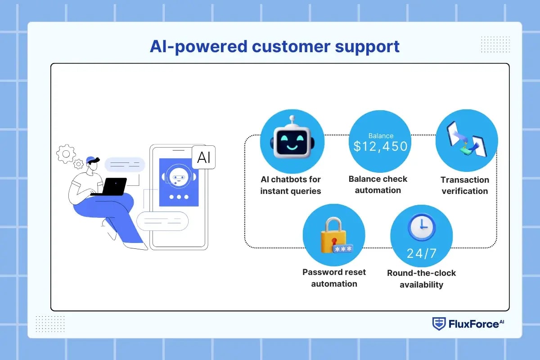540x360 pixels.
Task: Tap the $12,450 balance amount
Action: (x=380, y=146)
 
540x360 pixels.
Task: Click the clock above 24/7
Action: (x=421, y=228)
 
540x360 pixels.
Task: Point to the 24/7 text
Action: (x=421, y=253)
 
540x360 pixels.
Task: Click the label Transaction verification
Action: (x=464, y=185)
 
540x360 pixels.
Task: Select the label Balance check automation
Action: (x=378, y=184)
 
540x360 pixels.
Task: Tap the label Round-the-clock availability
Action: (x=421, y=279)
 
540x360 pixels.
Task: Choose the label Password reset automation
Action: (x=334, y=278)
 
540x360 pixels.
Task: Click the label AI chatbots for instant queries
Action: (x=291, y=185)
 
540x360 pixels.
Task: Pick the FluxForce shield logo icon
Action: (x=439, y=324)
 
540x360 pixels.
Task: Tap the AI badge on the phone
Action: (x=203, y=157)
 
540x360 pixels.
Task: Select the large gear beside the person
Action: (x=66, y=154)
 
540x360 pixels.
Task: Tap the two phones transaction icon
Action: (x=466, y=140)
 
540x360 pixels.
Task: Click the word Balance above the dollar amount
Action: (x=381, y=135)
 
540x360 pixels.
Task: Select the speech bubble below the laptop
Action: (x=162, y=221)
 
